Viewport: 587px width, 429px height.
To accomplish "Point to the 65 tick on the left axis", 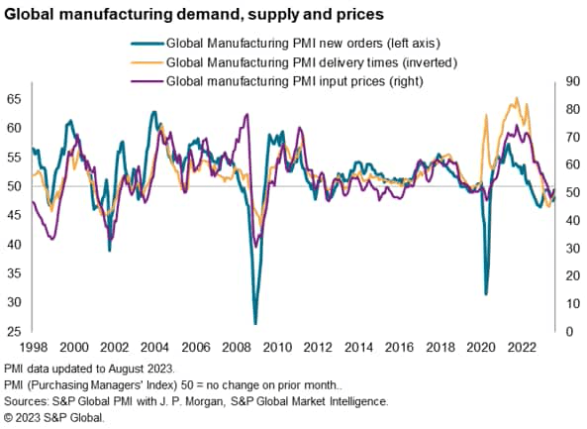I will click(14, 100).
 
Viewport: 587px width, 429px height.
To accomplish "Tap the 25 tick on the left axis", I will click(14, 331).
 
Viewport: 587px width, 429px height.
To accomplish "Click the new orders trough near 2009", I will click(255, 323).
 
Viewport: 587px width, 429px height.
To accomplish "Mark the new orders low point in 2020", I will click(485, 293).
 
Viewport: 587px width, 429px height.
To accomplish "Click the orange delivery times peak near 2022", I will click(517, 98).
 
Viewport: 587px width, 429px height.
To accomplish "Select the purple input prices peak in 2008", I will click(246, 115).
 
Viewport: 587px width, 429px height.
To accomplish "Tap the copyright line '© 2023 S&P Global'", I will click(54, 417).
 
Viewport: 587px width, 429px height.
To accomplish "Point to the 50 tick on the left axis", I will click(14, 186).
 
